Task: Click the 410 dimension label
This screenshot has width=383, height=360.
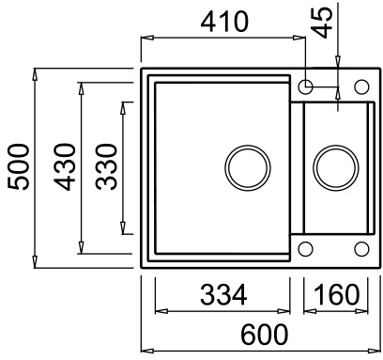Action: coord(224,22)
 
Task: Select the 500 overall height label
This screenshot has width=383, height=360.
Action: coord(18,167)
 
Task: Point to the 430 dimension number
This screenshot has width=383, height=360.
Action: coord(65,167)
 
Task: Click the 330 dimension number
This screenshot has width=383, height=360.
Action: coord(106,167)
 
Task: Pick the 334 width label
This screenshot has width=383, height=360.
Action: coord(223,294)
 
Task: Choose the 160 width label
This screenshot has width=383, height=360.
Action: coord(336,294)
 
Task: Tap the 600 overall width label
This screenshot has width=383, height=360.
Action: coord(264,335)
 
